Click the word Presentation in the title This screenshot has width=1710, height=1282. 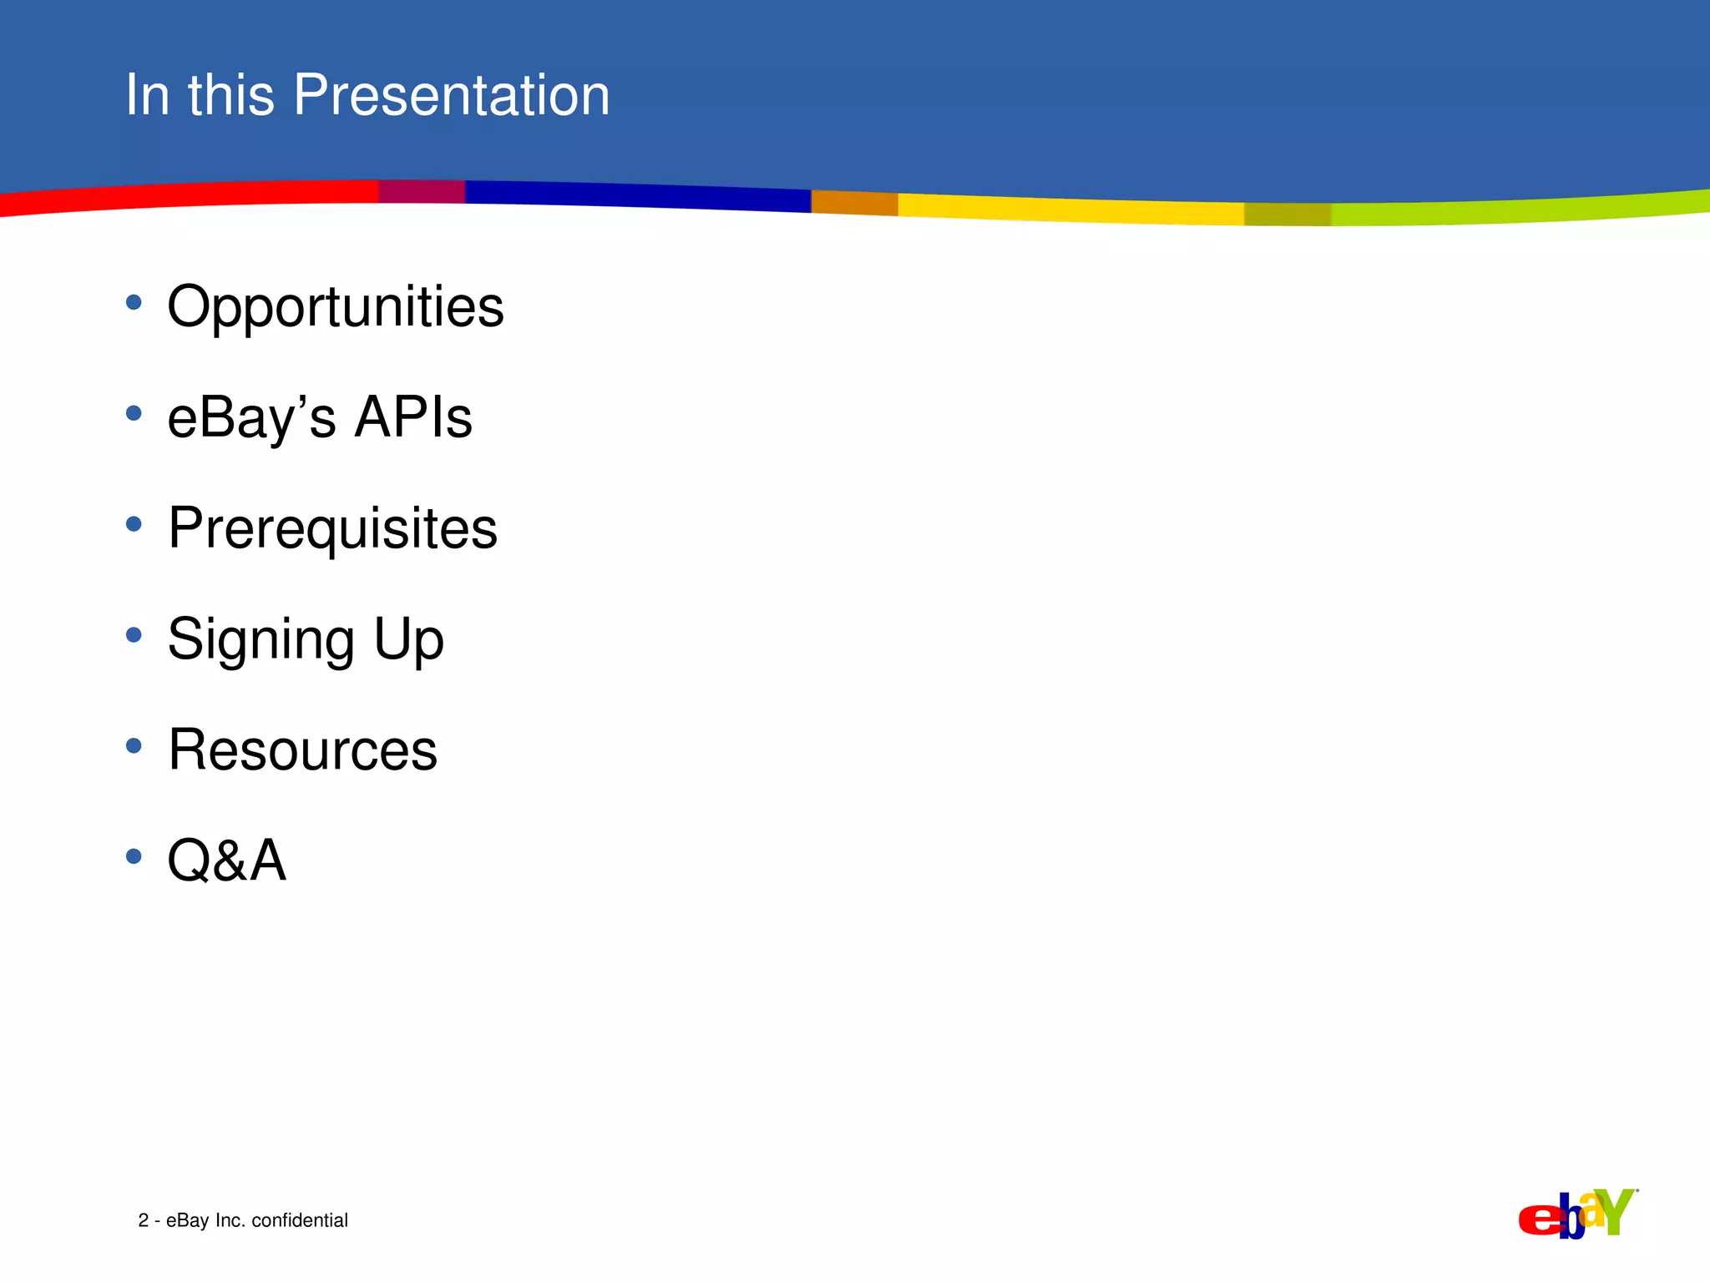click(x=452, y=94)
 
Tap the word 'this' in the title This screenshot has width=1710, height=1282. click(x=231, y=94)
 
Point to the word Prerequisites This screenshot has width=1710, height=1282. click(x=332, y=530)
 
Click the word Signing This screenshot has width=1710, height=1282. click(x=261, y=640)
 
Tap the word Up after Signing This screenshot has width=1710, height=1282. click(x=408, y=640)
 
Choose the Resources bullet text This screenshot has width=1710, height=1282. click(x=302, y=750)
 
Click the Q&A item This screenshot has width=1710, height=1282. click(x=227, y=861)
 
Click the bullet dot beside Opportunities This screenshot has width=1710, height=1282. click(x=134, y=302)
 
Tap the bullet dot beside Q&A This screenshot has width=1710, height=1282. click(x=134, y=856)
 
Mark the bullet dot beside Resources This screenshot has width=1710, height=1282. click(x=134, y=745)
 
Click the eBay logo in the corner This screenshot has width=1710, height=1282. click(x=1577, y=1214)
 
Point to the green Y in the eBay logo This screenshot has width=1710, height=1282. click(x=1617, y=1210)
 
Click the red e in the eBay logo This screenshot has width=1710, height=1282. click(x=1539, y=1219)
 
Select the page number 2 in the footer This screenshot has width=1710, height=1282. click(x=144, y=1220)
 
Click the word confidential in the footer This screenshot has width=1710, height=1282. click(x=300, y=1220)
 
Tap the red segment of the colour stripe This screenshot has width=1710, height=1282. click(x=190, y=196)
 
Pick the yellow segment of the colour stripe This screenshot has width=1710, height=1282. click(x=1070, y=208)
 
